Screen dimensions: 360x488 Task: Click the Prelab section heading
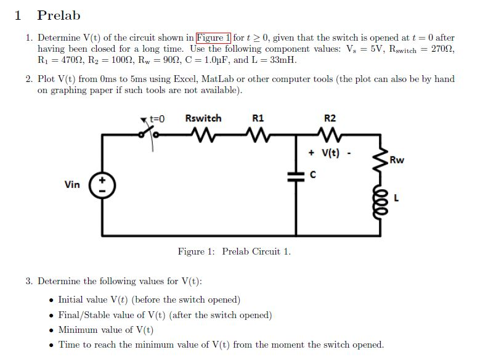pyautogui.click(x=59, y=15)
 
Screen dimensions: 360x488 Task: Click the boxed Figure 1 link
pyautogui.click(x=213, y=38)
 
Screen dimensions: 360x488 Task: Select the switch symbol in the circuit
pyautogui.click(x=150, y=131)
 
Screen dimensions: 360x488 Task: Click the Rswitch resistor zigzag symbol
pyautogui.click(x=203, y=133)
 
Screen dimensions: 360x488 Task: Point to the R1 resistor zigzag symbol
pyautogui.click(x=258, y=133)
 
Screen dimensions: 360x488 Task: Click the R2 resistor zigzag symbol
pyautogui.click(x=330, y=133)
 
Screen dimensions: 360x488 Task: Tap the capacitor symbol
pyautogui.click(x=297, y=176)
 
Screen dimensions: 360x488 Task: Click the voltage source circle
pyautogui.click(x=102, y=185)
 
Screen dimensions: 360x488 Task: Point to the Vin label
pyautogui.click(x=72, y=184)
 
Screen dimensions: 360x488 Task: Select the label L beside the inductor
pyautogui.click(x=396, y=198)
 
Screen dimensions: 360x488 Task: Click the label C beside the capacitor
pyautogui.click(x=313, y=175)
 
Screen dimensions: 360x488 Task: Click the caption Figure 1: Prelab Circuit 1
pyautogui.click(x=234, y=252)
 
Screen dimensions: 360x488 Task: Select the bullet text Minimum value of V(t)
pyautogui.click(x=105, y=330)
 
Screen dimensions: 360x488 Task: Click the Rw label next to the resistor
pyautogui.click(x=397, y=160)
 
